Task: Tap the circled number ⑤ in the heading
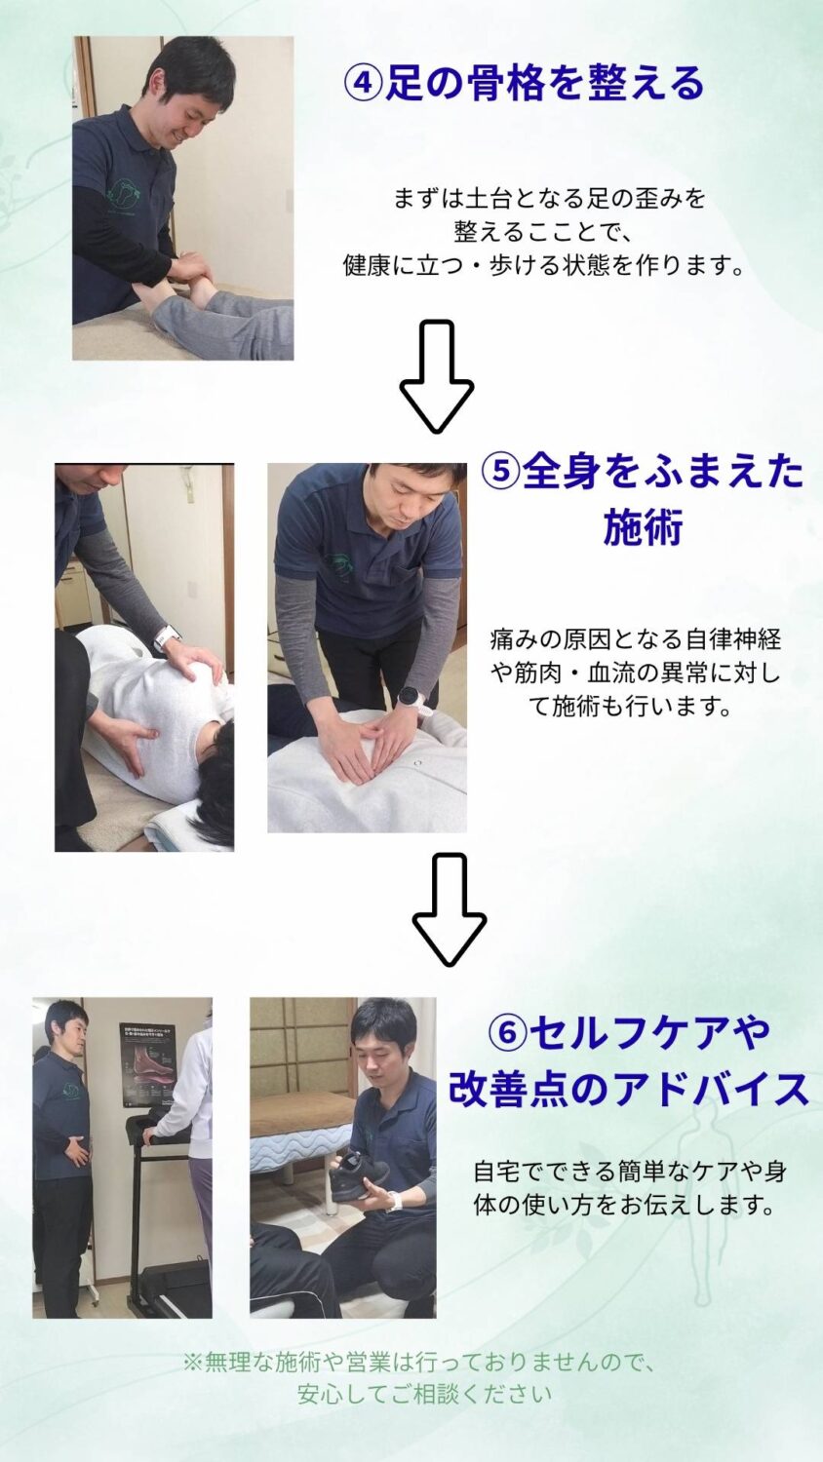(501, 472)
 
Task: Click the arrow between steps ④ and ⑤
(436, 376)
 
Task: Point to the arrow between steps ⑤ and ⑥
(450, 909)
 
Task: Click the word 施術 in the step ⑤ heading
(644, 528)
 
